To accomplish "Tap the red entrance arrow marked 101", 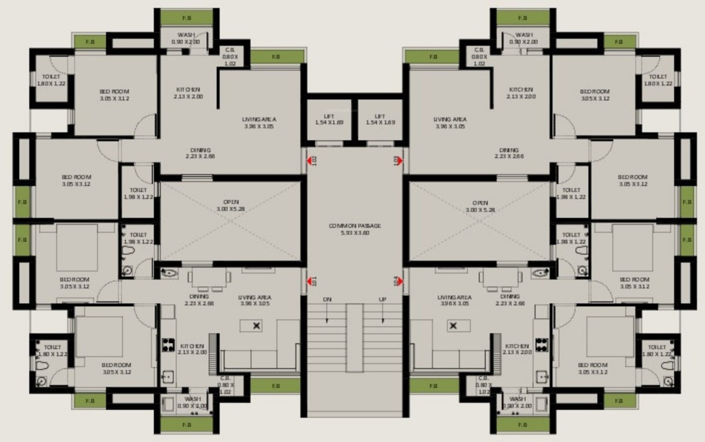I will click(309, 281).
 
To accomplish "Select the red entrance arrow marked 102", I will click(309, 160).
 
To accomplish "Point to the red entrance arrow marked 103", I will click(399, 160).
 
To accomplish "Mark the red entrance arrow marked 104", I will click(399, 281).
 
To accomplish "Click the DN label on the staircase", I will click(327, 299).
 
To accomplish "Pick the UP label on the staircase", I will click(382, 299).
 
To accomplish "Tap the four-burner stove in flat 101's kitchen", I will click(168, 345).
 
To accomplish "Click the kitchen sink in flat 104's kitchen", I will click(542, 377).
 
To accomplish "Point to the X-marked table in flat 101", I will click(256, 326).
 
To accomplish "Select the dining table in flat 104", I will click(499, 278).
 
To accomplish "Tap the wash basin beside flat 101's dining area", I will click(168, 273).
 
